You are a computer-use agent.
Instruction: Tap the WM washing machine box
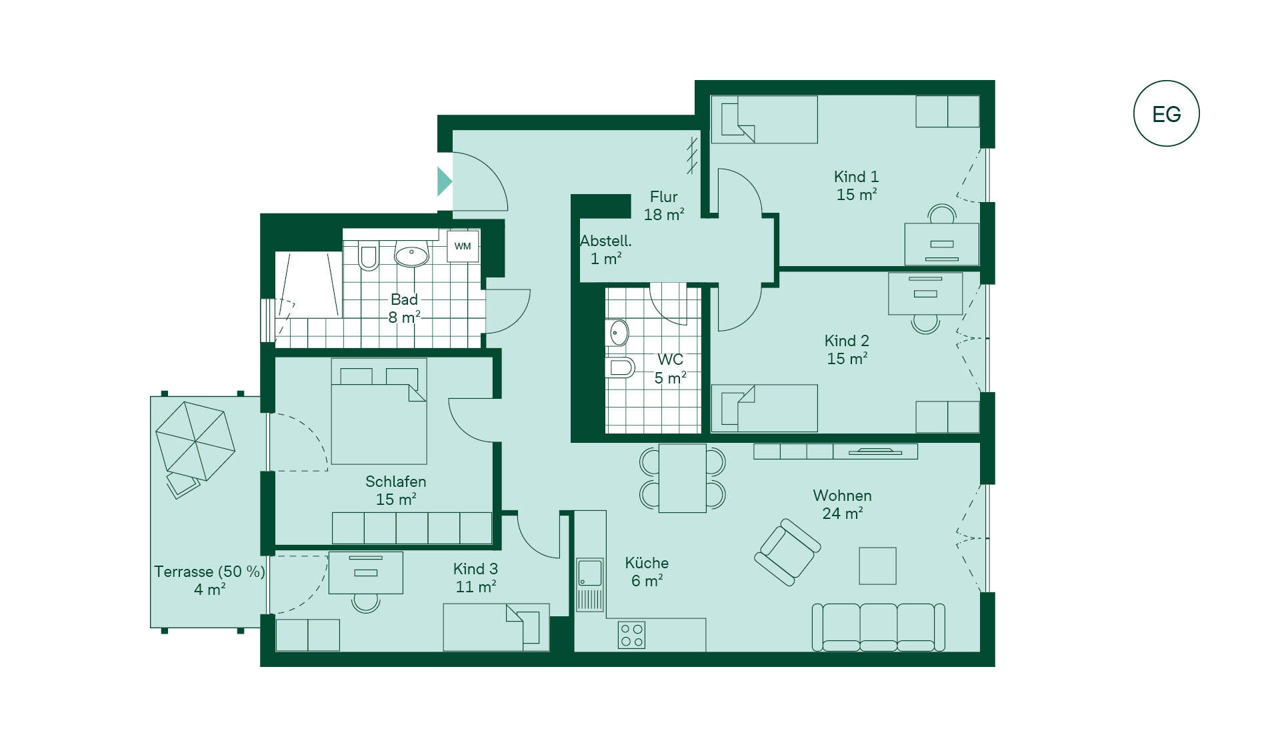click(463, 246)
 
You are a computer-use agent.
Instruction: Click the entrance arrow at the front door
click(445, 181)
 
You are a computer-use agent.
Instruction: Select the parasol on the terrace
click(195, 440)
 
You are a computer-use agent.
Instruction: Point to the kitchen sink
click(590, 584)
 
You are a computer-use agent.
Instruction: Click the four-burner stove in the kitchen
click(632, 635)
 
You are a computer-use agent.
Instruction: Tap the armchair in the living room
click(787, 552)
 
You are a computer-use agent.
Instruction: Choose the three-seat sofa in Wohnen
click(878, 627)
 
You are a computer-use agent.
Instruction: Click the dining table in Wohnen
click(682, 478)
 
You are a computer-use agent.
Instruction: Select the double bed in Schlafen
click(379, 412)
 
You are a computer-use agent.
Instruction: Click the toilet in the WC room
click(620, 367)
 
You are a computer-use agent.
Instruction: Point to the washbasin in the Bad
click(411, 254)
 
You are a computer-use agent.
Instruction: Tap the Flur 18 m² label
click(664, 205)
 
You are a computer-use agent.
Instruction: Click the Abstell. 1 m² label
click(605, 249)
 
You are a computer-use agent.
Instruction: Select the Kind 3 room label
click(475, 578)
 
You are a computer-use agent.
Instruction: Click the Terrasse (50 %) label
click(209, 572)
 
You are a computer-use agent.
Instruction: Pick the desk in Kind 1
click(941, 243)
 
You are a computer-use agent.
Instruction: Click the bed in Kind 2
click(764, 408)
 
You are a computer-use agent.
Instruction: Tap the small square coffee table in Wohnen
click(877, 566)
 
